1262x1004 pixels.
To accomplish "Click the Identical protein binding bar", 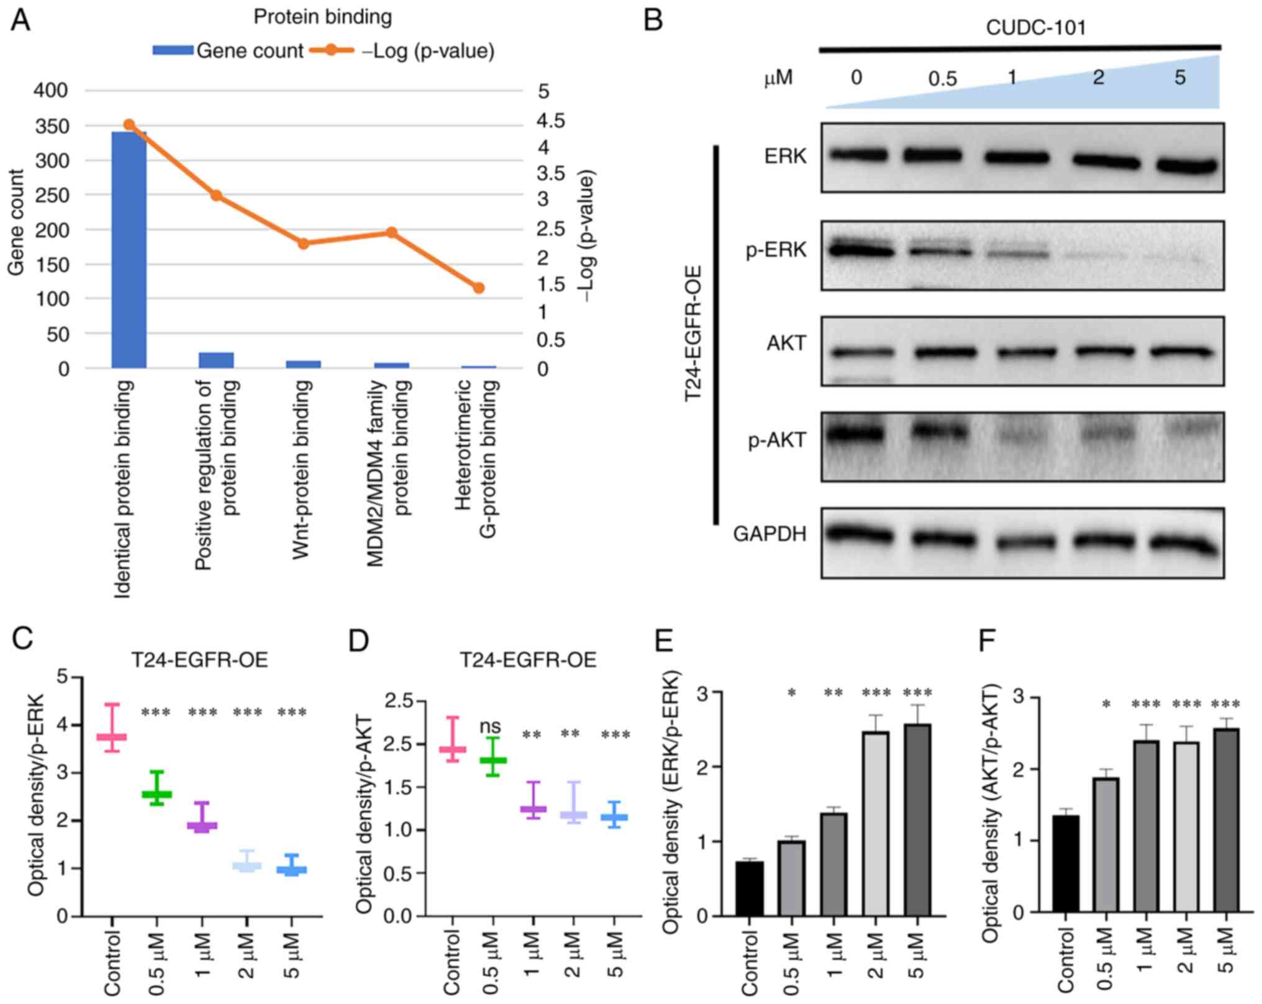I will [129, 249].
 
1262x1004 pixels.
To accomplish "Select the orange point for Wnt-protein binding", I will [304, 243].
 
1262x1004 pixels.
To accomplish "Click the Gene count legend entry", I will [229, 51].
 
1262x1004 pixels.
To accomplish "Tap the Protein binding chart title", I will [322, 17].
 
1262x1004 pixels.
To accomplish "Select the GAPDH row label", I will [769, 534].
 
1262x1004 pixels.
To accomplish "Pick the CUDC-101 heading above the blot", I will [1035, 28].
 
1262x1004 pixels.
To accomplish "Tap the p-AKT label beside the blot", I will [777, 440].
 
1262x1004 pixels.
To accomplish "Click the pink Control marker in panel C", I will [112, 737].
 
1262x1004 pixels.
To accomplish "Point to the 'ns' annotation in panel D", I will [490, 726].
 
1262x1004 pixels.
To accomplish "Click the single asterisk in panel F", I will [1105, 705].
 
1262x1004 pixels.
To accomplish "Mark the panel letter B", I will [653, 20].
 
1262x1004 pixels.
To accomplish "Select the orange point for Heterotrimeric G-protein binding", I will [478, 288].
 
